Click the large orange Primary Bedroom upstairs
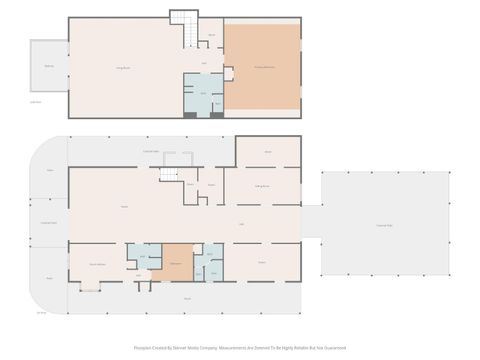pyautogui.click(x=262, y=68)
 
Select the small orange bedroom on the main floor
pyautogui.click(x=177, y=262)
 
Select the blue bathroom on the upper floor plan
pyautogui.click(x=202, y=94)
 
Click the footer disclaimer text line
pyautogui.click(x=240, y=348)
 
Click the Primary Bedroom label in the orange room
pyautogui.click(x=262, y=66)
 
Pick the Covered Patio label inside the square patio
pyautogui.click(x=384, y=225)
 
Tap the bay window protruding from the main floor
pyautogui.click(x=90, y=286)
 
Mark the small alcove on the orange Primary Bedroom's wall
pyautogui.click(x=229, y=73)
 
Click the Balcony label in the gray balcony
pyautogui.click(x=49, y=67)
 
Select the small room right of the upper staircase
pyautogui.click(x=212, y=35)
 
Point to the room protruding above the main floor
pyautogui.click(x=267, y=151)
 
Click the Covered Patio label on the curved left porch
pyautogui.click(x=48, y=222)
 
